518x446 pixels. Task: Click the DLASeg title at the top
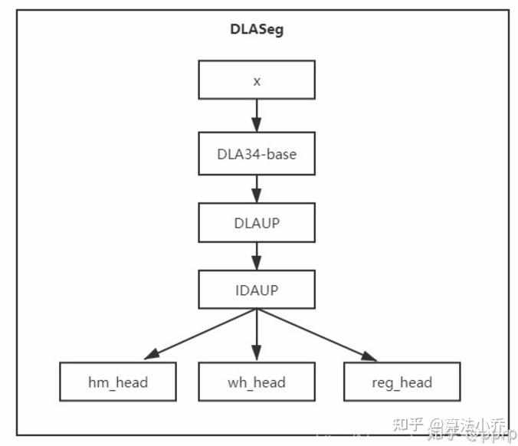pos(257,31)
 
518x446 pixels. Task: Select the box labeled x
pos(257,80)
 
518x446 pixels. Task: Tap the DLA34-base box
pos(257,153)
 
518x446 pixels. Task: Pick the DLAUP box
pos(257,222)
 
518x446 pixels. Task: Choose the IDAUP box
pos(257,290)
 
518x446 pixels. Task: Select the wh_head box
pos(257,382)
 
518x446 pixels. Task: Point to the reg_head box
pos(402,382)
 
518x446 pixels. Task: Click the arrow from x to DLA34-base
pos(257,116)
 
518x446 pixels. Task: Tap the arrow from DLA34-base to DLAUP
pos(257,187)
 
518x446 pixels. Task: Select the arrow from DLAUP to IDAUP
pos(257,255)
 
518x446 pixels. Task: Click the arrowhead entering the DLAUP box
pos(257,197)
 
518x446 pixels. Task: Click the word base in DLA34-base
pos(280,153)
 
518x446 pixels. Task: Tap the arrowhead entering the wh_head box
pos(257,356)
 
